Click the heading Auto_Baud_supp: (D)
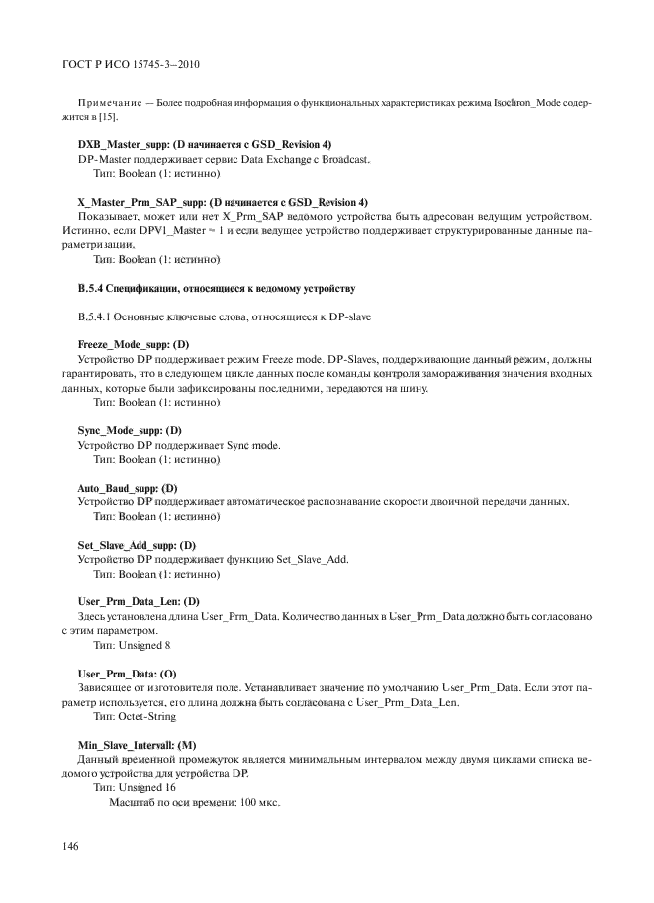127,489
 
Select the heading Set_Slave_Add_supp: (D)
137,545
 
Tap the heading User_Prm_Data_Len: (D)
138,601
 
